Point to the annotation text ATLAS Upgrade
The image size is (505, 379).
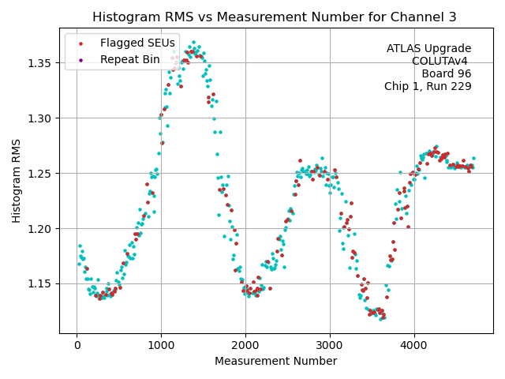(x=428, y=49)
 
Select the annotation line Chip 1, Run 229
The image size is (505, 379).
(x=428, y=87)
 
